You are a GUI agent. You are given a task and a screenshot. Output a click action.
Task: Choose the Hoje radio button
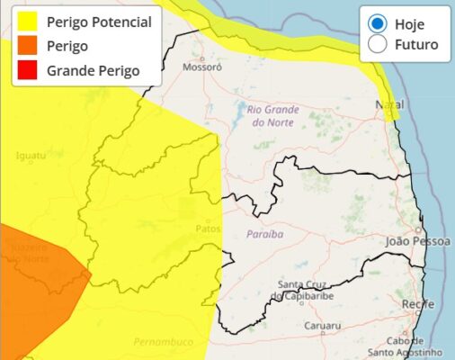(x=379, y=24)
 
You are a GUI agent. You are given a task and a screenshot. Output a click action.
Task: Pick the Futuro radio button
(x=379, y=44)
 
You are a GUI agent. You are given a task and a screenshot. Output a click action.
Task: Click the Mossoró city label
(x=201, y=67)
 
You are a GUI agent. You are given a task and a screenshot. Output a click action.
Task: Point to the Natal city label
(x=389, y=105)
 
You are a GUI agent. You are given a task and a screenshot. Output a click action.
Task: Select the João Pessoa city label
(x=415, y=241)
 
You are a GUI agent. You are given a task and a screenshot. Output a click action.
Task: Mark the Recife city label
(x=418, y=305)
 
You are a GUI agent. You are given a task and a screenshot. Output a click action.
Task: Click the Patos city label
(x=207, y=229)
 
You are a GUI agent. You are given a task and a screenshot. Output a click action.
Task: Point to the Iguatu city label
(x=31, y=156)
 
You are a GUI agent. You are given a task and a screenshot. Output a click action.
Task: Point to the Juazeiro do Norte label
(x=31, y=252)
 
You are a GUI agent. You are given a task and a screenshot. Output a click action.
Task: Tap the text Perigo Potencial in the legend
(x=100, y=22)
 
